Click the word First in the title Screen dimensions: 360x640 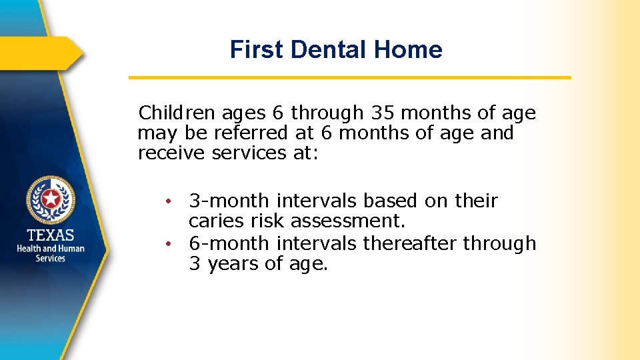coord(256,49)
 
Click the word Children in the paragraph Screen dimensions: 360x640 coord(178,113)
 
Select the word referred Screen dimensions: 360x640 coord(252,133)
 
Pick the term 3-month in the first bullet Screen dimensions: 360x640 coord(229,201)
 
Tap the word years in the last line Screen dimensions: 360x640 coord(233,264)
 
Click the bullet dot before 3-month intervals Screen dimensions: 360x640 coord(171,201)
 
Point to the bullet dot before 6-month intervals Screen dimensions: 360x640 coord(171,244)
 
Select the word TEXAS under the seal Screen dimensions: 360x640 coord(51,235)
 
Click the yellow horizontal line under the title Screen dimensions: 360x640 coord(349,78)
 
